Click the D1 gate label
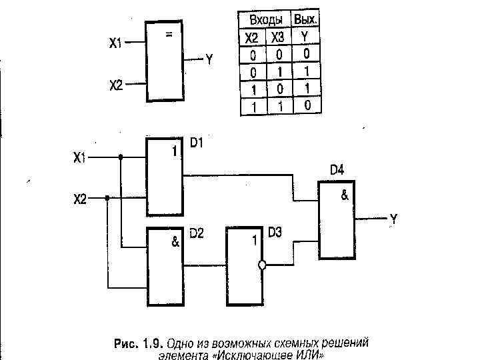coord(196,143)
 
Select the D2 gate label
coord(197,233)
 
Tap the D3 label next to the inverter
coord(275,233)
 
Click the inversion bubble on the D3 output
coord(262,265)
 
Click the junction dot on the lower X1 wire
coord(121,158)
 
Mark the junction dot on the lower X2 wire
coord(107,198)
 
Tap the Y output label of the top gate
coord(209,60)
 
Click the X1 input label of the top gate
coord(115,44)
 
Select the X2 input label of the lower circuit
coord(79,198)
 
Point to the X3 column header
coord(277,37)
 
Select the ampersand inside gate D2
coord(175,243)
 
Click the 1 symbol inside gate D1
coord(175,152)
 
